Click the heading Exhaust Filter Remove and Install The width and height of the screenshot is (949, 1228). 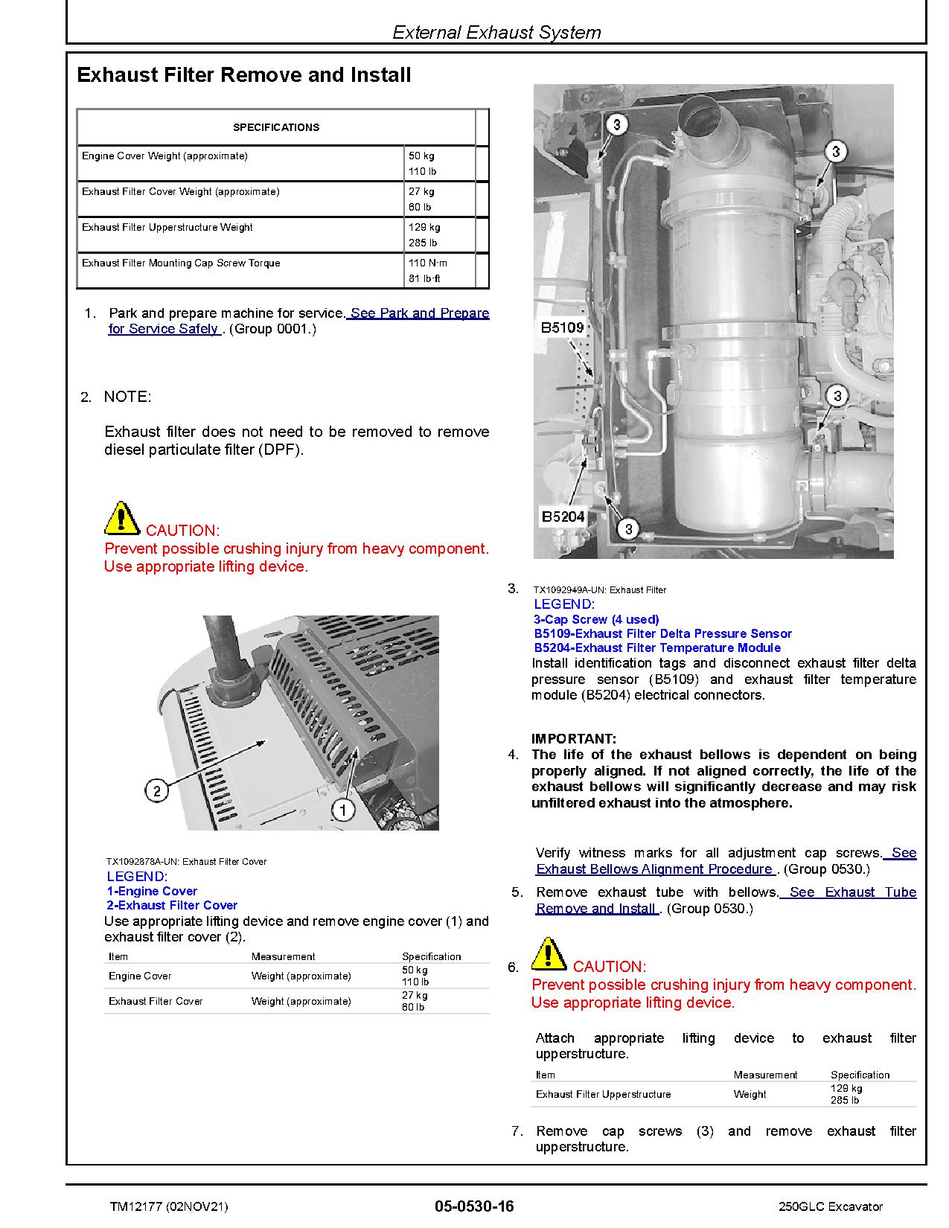pos(244,75)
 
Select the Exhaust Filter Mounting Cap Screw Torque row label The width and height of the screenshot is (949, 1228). pos(181,263)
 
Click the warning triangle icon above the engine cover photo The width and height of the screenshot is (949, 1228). pos(121,519)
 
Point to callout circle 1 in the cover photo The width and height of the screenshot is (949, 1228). pos(342,810)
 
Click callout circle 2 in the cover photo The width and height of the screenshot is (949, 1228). pos(156,790)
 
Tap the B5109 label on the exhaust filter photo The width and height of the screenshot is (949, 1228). pos(562,327)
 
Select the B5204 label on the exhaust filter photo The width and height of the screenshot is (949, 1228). pos(563,516)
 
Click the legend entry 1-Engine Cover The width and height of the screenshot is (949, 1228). pos(152,892)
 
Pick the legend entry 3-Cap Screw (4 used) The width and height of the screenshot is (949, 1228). pos(596,619)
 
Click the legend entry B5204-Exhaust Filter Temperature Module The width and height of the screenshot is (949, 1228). pos(657,648)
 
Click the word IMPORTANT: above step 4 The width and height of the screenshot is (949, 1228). pos(573,739)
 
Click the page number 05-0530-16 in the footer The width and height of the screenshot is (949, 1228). pos(474,1206)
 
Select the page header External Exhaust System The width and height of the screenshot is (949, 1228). pos(496,33)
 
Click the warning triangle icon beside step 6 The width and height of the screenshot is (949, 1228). pos(549,955)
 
